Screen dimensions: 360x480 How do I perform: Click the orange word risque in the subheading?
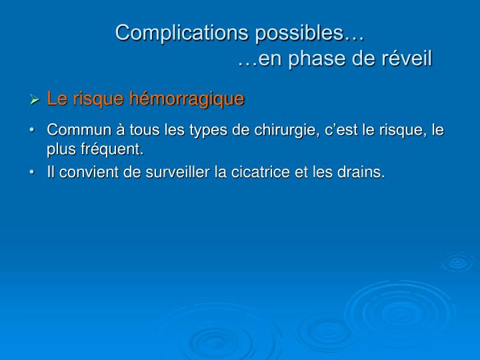pos(98,99)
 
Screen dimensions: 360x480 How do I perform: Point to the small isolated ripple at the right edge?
pos(458,262)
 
